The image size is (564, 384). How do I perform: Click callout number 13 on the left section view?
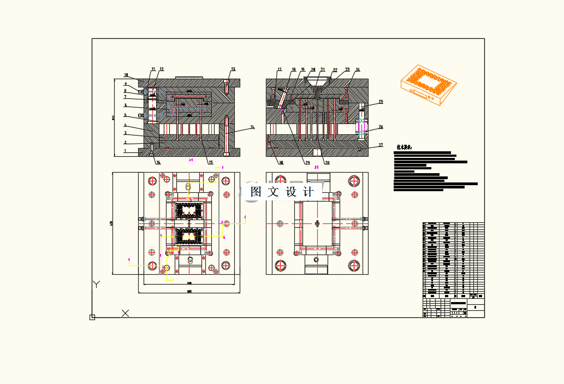[x=233, y=69]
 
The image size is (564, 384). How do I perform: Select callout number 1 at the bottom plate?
[x=125, y=151]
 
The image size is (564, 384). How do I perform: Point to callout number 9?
[x=125, y=84]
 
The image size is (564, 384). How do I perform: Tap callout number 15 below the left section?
[x=210, y=162]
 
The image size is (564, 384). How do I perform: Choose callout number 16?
[x=158, y=162]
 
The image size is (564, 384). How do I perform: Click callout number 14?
[x=252, y=127]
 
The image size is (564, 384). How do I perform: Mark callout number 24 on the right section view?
[x=358, y=70]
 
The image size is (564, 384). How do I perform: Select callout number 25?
[x=381, y=102]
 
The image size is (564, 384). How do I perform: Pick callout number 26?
[x=381, y=127]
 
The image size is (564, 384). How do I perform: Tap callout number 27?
[x=381, y=145]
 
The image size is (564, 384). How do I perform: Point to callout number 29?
[x=307, y=163]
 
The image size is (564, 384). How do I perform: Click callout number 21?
[x=323, y=70]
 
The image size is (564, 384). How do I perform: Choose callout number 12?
[x=162, y=69]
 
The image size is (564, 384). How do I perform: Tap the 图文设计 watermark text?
[x=282, y=192]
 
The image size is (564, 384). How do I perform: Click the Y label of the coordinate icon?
[x=97, y=284]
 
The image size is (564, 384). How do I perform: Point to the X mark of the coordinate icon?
[x=125, y=313]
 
